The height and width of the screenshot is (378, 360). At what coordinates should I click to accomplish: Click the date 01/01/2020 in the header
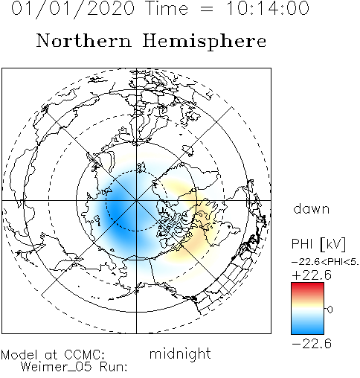(x=73, y=9)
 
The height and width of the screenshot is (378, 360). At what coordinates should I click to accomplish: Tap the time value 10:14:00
(x=268, y=8)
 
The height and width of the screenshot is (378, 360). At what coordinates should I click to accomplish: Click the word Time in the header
(x=167, y=8)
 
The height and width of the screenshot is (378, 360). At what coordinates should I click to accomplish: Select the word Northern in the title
(x=84, y=41)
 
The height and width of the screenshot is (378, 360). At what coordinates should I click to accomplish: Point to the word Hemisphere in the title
(x=205, y=42)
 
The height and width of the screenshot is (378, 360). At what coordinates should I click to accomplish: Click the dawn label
(x=312, y=209)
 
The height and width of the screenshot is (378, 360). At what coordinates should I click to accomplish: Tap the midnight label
(x=180, y=353)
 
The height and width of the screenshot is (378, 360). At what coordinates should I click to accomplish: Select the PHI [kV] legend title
(x=318, y=243)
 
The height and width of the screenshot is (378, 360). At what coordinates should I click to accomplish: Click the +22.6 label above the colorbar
(x=312, y=275)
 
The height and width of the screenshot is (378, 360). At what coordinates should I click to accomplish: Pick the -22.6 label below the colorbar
(x=312, y=344)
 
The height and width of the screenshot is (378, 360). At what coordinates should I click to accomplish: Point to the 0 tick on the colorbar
(x=330, y=310)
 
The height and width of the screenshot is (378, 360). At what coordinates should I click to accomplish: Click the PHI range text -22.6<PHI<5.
(x=325, y=262)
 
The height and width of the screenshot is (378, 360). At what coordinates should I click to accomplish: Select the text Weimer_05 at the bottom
(x=57, y=367)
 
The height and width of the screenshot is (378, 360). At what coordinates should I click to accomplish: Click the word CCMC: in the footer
(x=84, y=355)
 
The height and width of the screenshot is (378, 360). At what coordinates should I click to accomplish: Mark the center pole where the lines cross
(x=136, y=200)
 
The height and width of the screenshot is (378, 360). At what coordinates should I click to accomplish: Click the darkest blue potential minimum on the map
(x=116, y=211)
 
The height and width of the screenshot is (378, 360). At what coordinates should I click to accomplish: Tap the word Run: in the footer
(x=114, y=366)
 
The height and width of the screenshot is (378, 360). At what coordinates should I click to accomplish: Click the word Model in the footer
(x=19, y=355)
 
